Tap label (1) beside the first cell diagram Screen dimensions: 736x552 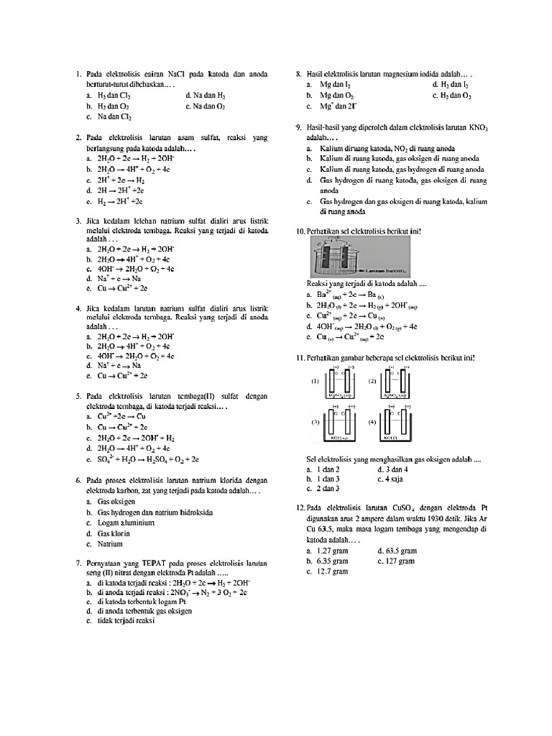click(x=315, y=382)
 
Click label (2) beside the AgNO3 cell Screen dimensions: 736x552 click(x=372, y=382)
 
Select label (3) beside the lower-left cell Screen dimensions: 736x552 click(x=315, y=423)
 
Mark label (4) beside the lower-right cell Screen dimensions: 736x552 click(x=372, y=423)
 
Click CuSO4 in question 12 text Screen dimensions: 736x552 click(x=420, y=508)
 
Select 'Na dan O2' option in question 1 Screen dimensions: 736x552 click(x=205, y=106)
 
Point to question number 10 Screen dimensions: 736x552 click(x=300, y=231)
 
